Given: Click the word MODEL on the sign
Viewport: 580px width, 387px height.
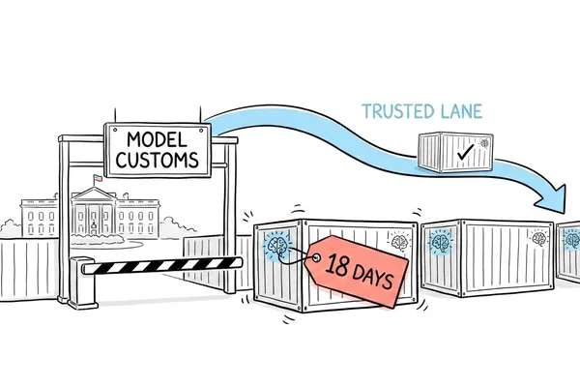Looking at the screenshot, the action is (157, 140).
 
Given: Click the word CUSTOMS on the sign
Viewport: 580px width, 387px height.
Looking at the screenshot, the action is (158, 160).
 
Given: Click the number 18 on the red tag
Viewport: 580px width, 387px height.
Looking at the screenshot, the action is (337, 265).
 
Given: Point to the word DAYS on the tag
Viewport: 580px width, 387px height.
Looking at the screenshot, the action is (372, 277).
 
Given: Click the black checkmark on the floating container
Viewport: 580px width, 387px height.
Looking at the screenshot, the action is (465, 152).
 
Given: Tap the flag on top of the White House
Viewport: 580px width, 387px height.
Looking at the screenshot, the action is (98, 178).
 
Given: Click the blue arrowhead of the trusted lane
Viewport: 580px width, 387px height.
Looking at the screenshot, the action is (552, 199).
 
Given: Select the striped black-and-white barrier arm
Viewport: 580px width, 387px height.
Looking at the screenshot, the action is (161, 265).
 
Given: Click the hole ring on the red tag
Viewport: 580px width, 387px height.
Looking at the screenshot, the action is (317, 257).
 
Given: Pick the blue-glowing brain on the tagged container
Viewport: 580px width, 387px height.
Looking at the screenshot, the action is (277, 244).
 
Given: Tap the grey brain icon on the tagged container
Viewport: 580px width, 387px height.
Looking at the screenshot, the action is (399, 241).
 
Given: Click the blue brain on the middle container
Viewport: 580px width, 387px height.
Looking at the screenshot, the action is (441, 242).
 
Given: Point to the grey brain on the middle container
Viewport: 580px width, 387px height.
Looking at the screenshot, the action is (538, 237).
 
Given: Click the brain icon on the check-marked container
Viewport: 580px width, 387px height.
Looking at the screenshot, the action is (484, 143).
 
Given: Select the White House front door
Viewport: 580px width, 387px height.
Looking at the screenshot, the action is (94, 227).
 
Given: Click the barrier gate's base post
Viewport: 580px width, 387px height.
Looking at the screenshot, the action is (82, 283).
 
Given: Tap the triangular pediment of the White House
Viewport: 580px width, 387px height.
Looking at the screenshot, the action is (94, 194).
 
